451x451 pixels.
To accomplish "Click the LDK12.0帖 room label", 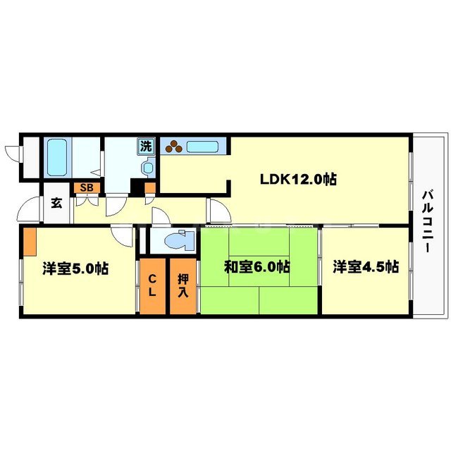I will [x=297, y=179].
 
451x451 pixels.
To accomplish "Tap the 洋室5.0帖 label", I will [x=75, y=268].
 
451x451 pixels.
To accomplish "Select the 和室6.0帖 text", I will [x=257, y=267].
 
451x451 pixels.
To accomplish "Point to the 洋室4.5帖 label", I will [x=366, y=267].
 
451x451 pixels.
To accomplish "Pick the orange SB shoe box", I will [x=87, y=187].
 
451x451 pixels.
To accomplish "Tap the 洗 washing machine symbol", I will [x=146, y=147].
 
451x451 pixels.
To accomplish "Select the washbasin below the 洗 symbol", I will [x=147, y=168].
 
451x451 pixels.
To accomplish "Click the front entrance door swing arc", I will [x=30, y=209].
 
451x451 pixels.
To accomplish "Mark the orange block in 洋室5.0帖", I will [x=30, y=242].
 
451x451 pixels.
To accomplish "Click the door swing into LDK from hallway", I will [x=217, y=209].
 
